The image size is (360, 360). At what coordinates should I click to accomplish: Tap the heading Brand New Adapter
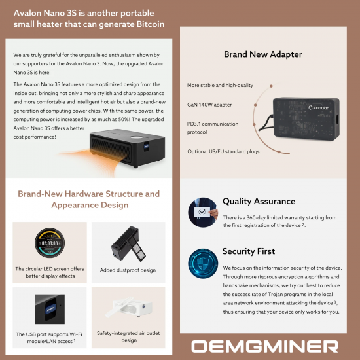262,56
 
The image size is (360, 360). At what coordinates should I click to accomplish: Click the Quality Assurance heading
259,202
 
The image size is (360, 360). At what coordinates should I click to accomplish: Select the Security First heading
249,251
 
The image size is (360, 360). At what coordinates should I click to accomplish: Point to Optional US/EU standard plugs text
224,152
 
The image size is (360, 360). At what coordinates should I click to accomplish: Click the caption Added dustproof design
128,270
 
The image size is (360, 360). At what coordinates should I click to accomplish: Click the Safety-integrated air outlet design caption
128,336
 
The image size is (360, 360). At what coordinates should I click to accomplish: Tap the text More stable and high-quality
220,86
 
